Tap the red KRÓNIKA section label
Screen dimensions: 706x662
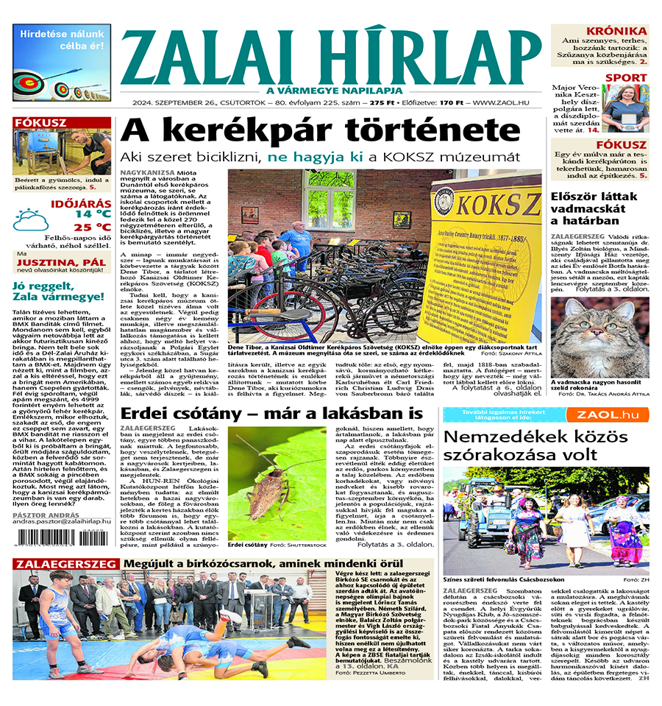point(622,31)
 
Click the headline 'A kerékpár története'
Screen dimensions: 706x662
point(321,132)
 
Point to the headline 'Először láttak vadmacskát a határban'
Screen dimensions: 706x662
point(597,208)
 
